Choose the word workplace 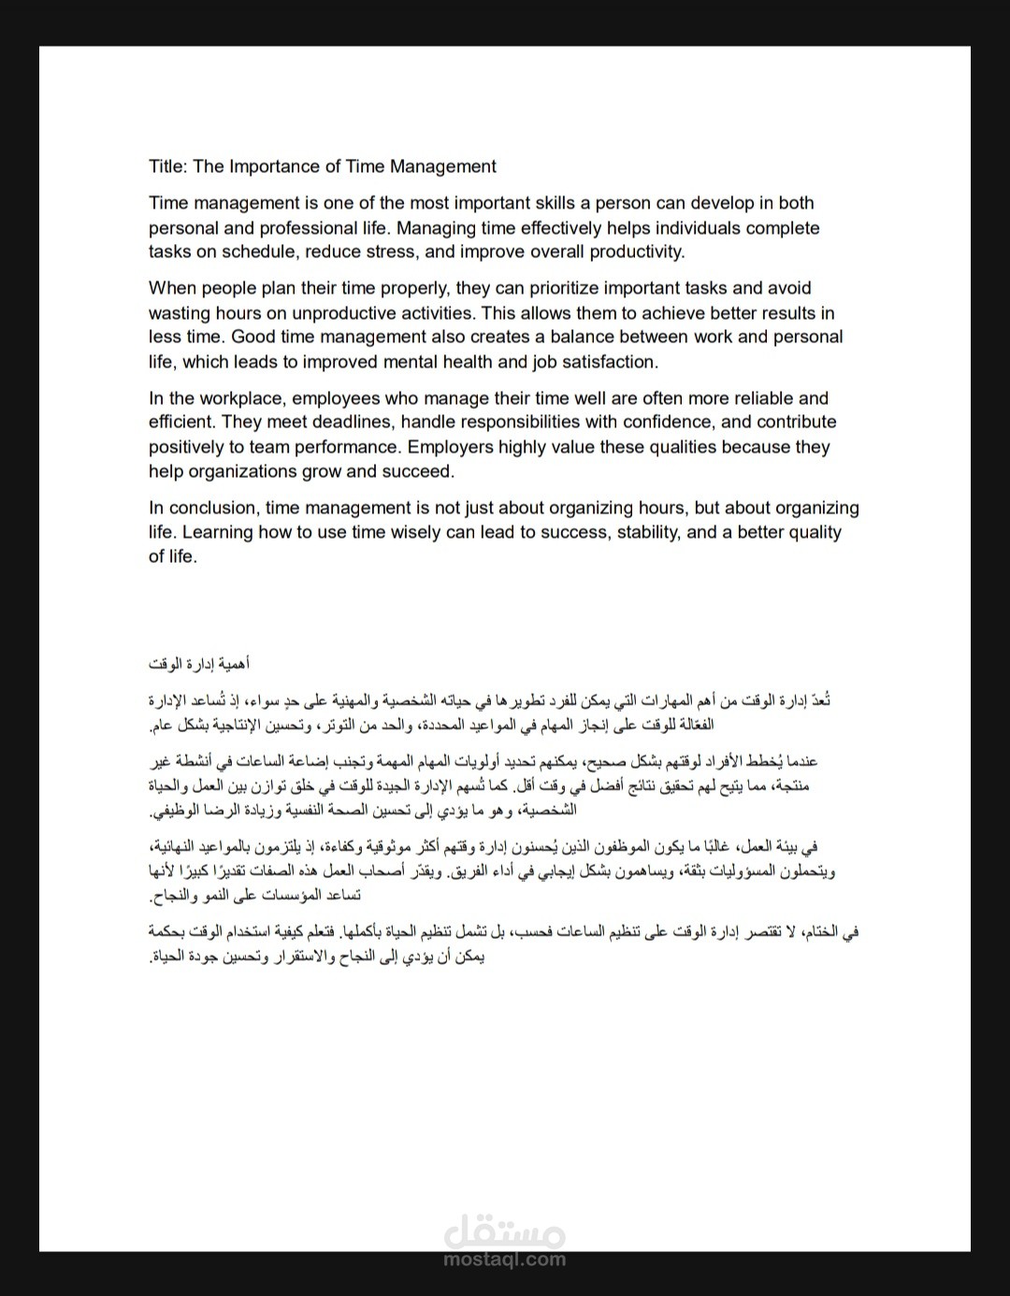tap(241, 398)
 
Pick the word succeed tap(419, 471)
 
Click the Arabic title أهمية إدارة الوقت tap(197, 664)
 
